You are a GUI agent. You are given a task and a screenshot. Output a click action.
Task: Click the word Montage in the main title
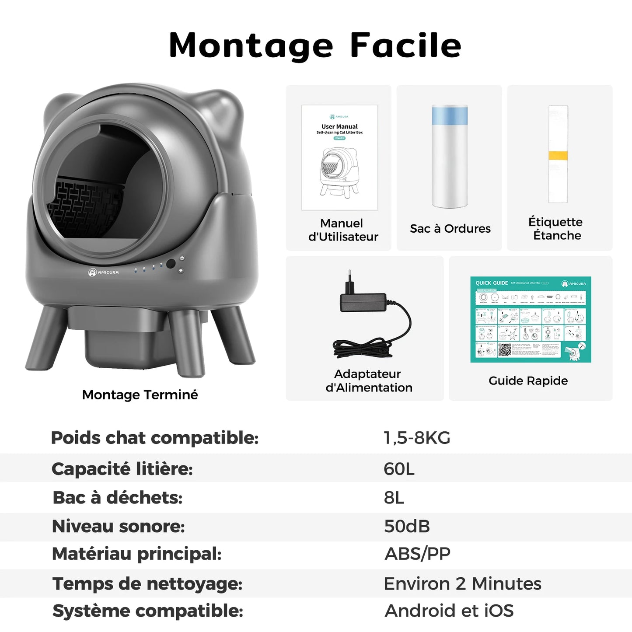tap(251, 46)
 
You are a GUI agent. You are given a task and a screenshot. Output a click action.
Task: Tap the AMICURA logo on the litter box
tap(104, 272)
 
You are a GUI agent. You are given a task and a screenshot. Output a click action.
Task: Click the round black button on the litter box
tap(171, 264)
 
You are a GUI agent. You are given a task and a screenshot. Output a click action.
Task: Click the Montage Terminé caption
tap(140, 395)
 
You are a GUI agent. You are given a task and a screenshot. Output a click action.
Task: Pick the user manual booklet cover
tap(339, 157)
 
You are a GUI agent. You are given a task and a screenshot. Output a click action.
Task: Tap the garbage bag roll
tap(450, 157)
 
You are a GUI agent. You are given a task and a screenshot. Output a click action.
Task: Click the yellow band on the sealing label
tap(558, 156)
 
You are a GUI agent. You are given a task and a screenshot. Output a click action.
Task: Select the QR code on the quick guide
tap(505, 349)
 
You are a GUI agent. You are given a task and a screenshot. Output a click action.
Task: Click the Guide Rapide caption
tap(528, 381)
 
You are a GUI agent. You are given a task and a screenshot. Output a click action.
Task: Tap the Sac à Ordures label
tap(450, 229)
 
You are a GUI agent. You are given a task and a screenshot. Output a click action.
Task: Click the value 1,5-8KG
tap(417, 438)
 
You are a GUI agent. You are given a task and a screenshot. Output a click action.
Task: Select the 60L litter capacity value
tap(399, 469)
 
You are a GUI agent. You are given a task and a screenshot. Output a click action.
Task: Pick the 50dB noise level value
tap(407, 526)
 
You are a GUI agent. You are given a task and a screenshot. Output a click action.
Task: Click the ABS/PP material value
tap(417, 554)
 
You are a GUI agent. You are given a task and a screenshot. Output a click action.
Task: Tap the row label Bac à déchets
tap(117, 498)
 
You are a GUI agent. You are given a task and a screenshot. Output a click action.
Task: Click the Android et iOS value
tap(449, 611)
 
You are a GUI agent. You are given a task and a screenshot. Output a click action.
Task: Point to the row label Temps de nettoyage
tap(147, 584)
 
